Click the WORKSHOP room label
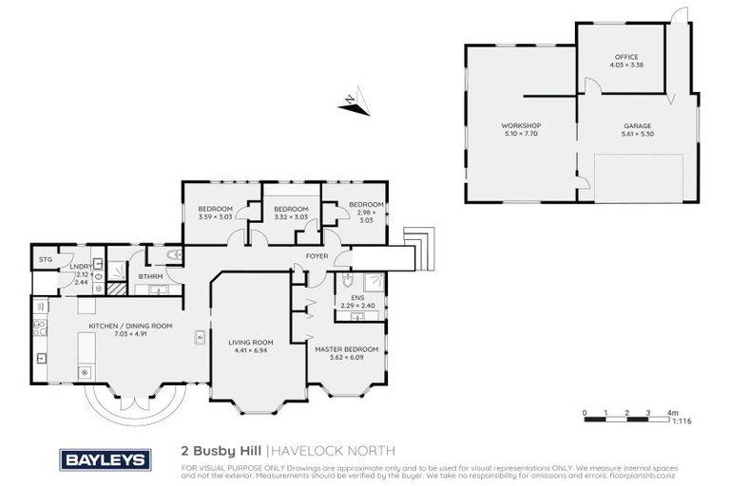pos(521,125)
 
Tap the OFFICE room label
pos(624,56)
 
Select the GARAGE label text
pos(637,125)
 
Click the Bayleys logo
pos(105,460)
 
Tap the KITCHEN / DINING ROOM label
pos(130,326)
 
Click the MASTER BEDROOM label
pos(346,348)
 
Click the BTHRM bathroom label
pos(150,276)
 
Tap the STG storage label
pos(45,258)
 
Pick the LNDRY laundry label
pos(80,267)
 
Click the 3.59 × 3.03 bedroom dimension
pos(216,217)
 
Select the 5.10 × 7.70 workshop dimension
pos(521,134)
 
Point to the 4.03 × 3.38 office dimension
pos(624,65)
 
